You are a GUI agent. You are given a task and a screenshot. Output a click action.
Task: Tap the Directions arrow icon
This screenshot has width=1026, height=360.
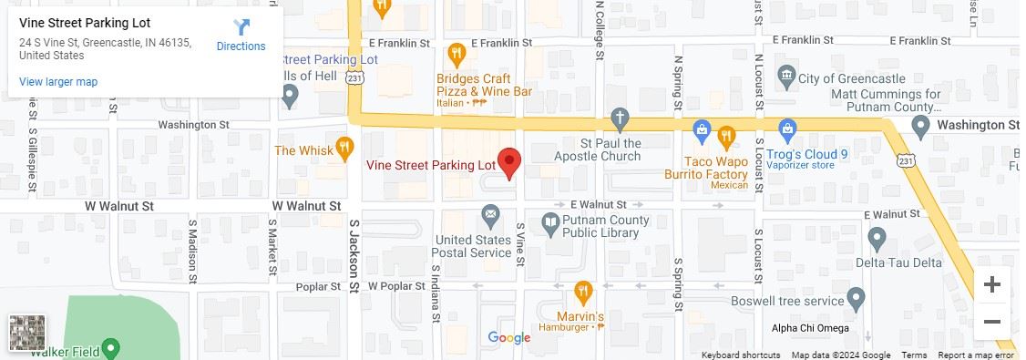(x=241, y=28)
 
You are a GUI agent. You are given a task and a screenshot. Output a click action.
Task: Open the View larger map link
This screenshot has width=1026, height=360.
(x=58, y=82)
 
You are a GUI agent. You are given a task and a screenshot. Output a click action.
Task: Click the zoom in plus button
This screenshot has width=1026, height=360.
(x=992, y=284)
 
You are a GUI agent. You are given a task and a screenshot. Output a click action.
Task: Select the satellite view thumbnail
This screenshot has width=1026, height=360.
(x=27, y=333)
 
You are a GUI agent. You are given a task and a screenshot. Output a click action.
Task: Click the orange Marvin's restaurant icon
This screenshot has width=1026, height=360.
(x=583, y=292)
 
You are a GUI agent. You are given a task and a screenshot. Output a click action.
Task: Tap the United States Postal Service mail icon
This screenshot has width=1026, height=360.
(x=491, y=216)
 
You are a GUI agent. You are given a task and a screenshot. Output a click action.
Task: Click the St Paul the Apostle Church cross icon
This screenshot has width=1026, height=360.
(x=620, y=118)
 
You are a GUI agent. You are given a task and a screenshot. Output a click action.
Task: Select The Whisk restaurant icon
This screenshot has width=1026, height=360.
(x=344, y=148)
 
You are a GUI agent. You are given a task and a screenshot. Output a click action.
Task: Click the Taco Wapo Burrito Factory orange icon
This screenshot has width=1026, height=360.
(x=726, y=137)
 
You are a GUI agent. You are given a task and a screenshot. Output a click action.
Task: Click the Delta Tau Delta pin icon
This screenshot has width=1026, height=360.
(x=877, y=239)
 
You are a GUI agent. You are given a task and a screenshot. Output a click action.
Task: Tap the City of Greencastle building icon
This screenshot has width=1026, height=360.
(x=785, y=74)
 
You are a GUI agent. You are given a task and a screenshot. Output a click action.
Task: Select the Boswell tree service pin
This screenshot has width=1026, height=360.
(x=856, y=299)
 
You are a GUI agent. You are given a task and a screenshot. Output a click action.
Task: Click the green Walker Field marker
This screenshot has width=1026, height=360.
(x=110, y=348)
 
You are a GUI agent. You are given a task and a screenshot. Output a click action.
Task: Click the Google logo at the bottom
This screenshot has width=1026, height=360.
(x=509, y=338)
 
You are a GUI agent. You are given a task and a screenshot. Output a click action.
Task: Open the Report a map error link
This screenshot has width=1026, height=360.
(x=977, y=355)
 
